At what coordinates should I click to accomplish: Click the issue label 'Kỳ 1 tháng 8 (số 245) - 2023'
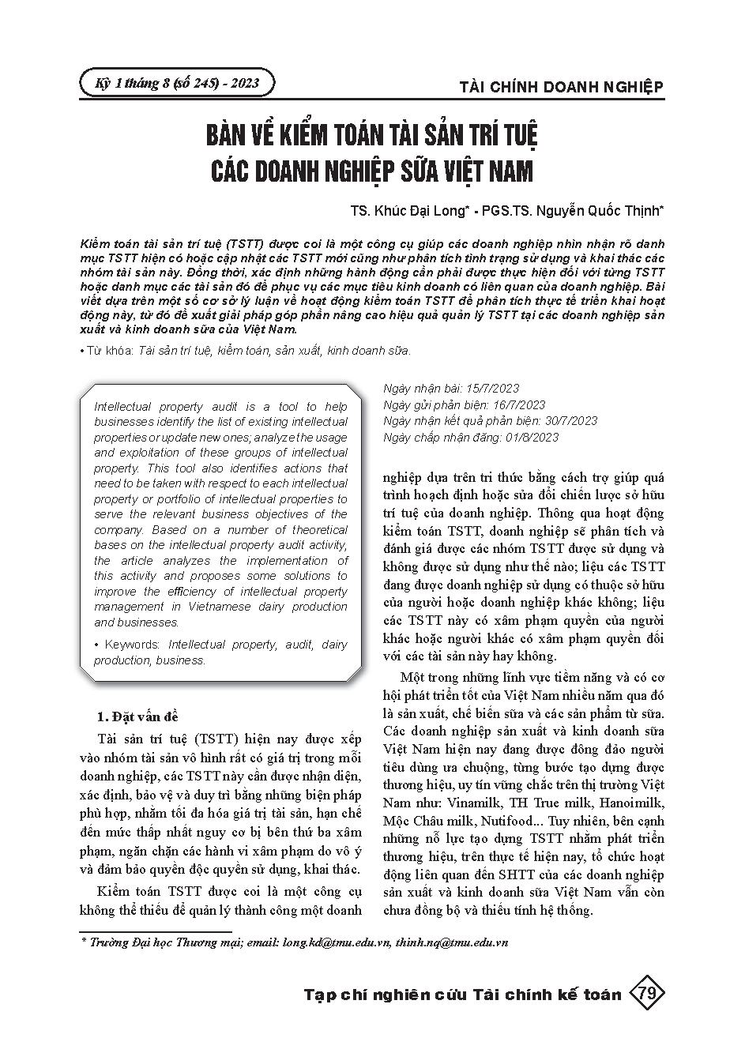(x=177, y=83)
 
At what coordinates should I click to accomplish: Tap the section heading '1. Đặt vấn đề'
(x=137, y=716)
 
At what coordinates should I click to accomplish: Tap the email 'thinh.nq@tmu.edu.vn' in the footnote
(x=451, y=942)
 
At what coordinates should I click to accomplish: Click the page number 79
(x=646, y=994)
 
